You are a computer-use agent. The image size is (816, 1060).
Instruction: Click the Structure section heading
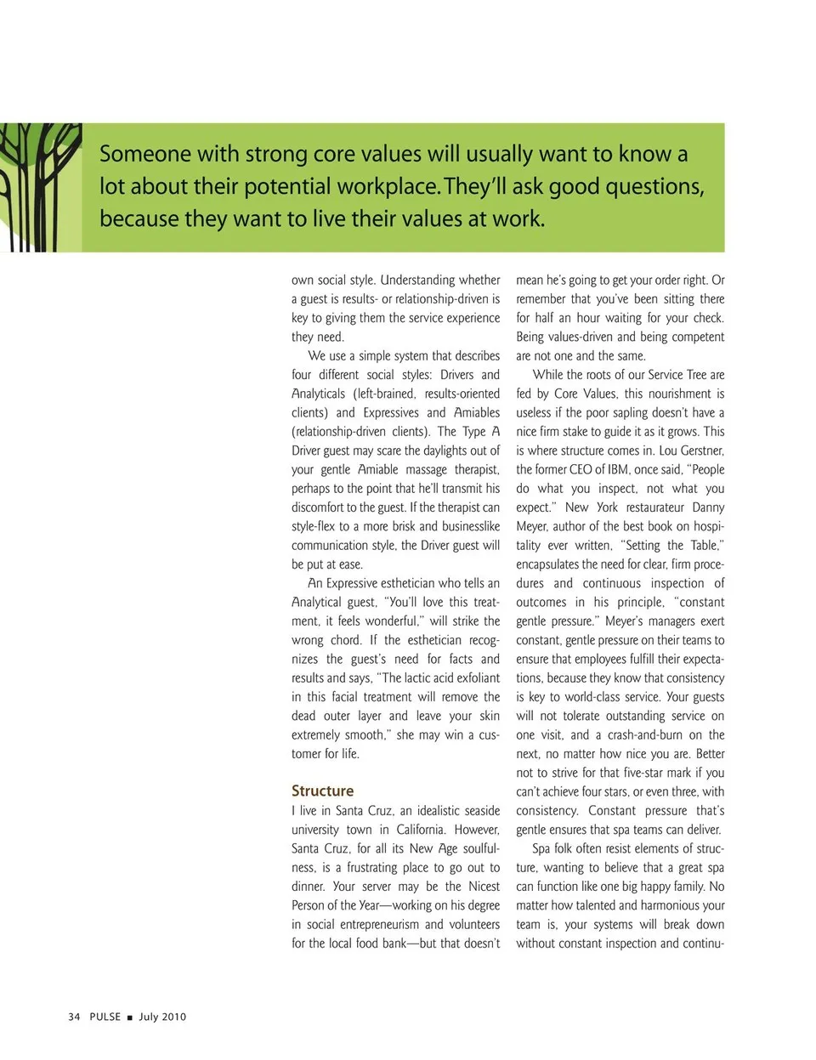point(322,791)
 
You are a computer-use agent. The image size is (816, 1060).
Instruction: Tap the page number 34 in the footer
point(74,1017)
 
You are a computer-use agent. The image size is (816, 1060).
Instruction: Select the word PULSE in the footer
point(105,1017)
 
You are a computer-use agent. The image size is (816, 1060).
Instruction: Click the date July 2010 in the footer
point(162,1017)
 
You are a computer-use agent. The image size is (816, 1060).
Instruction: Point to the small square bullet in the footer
point(129,1017)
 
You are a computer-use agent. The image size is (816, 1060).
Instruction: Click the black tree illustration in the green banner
point(38,187)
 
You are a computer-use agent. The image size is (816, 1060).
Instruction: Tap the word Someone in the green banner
point(145,154)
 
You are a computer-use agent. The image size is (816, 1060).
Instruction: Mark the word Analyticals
point(318,394)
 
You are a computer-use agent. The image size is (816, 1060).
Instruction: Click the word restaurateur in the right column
point(654,507)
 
